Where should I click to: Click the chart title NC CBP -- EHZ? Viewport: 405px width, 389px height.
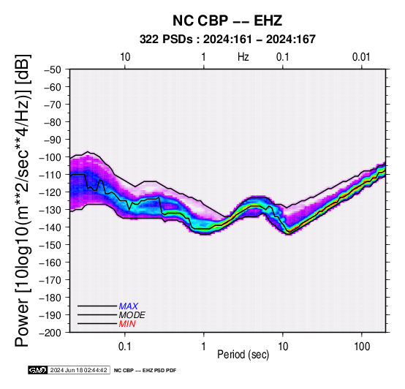(x=227, y=20)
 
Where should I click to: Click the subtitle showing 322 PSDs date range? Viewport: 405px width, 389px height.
(x=227, y=39)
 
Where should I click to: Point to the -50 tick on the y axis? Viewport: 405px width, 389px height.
(x=53, y=69)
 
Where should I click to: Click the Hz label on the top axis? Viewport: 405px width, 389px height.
(x=243, y=57)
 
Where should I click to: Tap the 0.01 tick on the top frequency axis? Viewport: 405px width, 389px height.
(x=361, y=57)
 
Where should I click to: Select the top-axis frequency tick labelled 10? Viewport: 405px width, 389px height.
(x=125, y=57)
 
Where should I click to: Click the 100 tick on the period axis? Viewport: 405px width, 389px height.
(x=362, y=347)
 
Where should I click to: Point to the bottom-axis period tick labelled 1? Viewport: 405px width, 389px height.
(x=204, y=347)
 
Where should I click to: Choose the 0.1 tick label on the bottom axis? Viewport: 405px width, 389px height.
(x=125, y=347)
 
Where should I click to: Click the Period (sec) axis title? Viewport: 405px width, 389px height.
(x=243, y=355)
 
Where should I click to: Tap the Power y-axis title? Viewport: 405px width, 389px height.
(x=22, y=200)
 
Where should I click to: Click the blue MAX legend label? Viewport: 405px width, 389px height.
(x=129, y=306)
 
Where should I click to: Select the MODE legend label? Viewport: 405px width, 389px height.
(x=132, y=315)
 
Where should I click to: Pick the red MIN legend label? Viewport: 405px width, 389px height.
(x=127, y=324)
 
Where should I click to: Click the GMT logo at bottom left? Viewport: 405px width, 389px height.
(x=37, y=370)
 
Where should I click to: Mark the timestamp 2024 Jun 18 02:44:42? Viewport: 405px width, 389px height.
(x=78, y=370)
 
